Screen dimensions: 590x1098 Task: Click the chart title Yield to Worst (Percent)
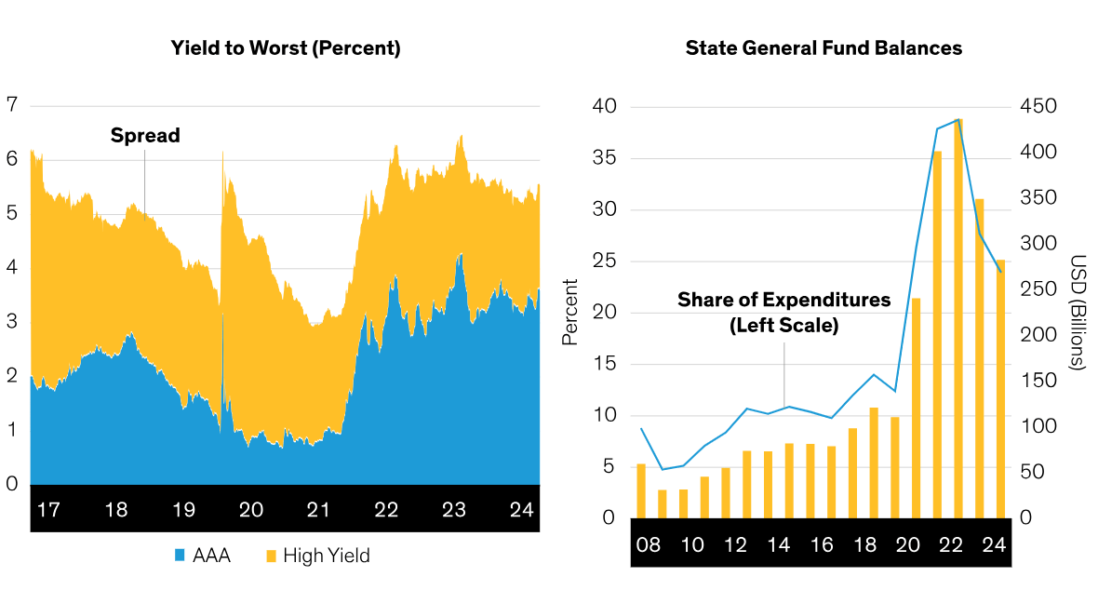[286, 48]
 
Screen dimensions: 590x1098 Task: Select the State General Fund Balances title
[823, 48]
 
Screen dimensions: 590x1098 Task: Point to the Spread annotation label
[145, 135]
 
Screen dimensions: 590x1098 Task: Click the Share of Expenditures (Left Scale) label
[783, 313]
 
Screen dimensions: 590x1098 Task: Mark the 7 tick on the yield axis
[11, 104]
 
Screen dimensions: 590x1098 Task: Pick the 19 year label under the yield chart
[183, 510]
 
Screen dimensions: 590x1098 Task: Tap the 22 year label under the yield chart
[386, 510]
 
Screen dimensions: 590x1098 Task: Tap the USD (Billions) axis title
[1077, 313]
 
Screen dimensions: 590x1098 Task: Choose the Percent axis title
[569, 313]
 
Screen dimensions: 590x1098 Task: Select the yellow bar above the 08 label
[640, 490]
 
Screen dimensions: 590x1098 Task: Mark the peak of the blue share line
[957, 119]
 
